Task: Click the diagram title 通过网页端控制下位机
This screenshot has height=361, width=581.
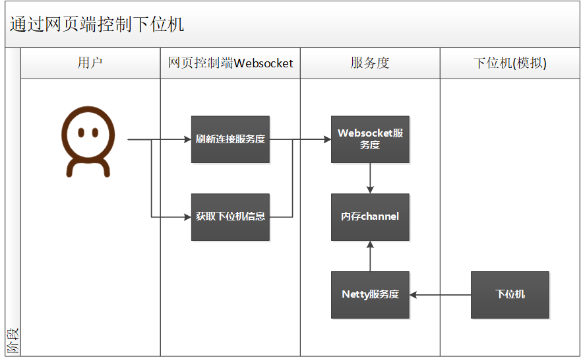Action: point(96,24)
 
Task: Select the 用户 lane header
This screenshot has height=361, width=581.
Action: point(90,63)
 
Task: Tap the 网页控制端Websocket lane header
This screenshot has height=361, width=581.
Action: point(230,63)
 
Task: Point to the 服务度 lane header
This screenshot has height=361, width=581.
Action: point(370,63)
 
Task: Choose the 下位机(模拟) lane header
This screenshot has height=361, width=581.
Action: point(510,63)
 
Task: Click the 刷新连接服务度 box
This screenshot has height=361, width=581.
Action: point(230,139)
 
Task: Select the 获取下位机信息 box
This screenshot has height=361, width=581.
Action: point(230,216)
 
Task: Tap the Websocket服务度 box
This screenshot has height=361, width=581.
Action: point(370,139)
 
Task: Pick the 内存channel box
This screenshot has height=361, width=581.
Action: point(370,216)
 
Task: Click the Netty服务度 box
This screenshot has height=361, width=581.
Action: point(370,294)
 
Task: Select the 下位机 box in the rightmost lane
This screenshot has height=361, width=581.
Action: point(510,294)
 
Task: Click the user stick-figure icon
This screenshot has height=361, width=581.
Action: point(88,143)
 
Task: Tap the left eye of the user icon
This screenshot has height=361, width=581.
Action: point(80,132)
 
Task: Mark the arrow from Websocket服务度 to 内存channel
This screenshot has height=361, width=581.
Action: point(370,178)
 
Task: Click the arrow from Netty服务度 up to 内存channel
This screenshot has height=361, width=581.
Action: point(370,256)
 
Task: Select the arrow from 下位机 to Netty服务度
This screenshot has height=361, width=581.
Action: point(440,294)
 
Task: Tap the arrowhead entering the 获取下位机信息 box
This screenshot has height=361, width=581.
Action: point(187,216)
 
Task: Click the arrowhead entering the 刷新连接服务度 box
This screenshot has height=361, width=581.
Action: point(187,140)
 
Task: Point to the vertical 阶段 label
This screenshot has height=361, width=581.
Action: point(13,341)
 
